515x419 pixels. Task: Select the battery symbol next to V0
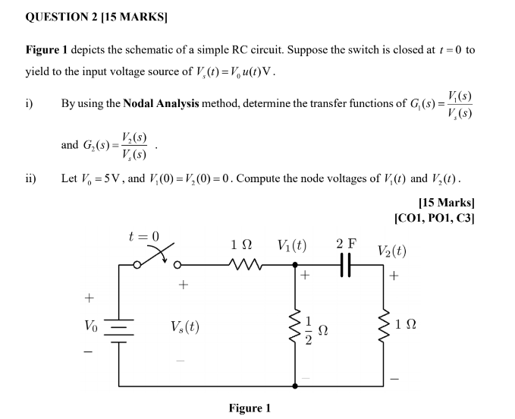pos(119,328)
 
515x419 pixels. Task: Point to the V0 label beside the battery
pos(91,327)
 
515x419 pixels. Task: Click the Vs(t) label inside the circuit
pos(185,327)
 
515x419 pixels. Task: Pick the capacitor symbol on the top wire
pos(347,265)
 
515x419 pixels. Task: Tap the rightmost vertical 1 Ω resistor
pos(382,327)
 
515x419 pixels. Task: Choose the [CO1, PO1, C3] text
pos(435,217)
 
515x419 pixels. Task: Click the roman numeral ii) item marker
pos(30,180)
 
